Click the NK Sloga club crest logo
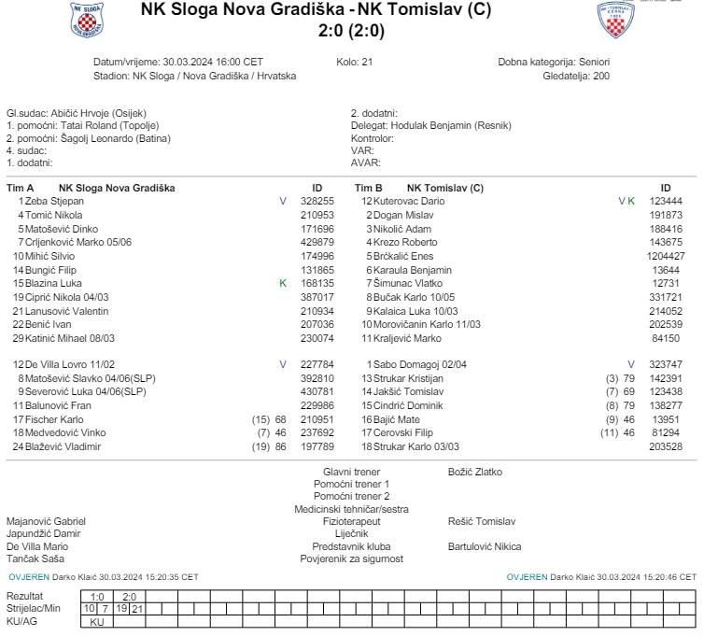coord(88,19)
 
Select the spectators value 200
coord(600,76)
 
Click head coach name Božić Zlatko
coord(474,472)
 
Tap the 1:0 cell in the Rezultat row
coord(98,596)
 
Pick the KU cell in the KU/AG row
coord(97,621)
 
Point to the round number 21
coord(367,62)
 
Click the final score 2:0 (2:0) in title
coord(351,31)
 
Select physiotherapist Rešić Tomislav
coord(481,522)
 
